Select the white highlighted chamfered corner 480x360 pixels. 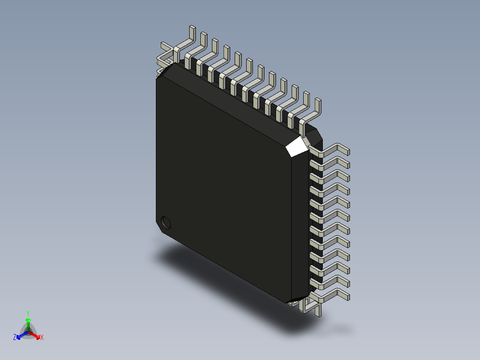297,147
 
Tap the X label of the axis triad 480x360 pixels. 42,338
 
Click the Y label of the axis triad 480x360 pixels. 28,313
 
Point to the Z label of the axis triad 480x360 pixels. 15,338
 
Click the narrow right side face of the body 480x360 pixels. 300,223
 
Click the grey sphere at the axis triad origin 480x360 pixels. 28,332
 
